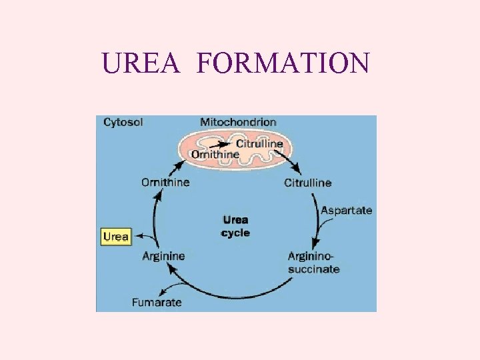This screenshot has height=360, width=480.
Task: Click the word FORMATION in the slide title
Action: (283, 63)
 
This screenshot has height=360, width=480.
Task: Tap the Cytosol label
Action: (123, 122)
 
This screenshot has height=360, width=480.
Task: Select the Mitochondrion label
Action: (238, 122)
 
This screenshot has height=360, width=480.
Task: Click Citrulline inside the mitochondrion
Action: (260, 143)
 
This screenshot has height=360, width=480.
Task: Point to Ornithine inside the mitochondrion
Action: (215, 154)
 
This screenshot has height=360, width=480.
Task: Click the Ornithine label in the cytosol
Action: (165, 182)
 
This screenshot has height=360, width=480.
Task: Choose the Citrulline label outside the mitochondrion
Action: (308, 183)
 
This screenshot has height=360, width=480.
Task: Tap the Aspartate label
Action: (347, 210)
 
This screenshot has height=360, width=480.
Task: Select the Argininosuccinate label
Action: (313, 262)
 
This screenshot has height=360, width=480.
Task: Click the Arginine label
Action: (164, 256)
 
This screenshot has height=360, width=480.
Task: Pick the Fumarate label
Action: (157, 302)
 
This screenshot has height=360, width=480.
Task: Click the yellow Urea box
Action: (116, 237)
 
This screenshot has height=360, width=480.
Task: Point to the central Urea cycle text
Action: (235, 226)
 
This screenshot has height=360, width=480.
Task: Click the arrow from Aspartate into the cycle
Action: (322, 230)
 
